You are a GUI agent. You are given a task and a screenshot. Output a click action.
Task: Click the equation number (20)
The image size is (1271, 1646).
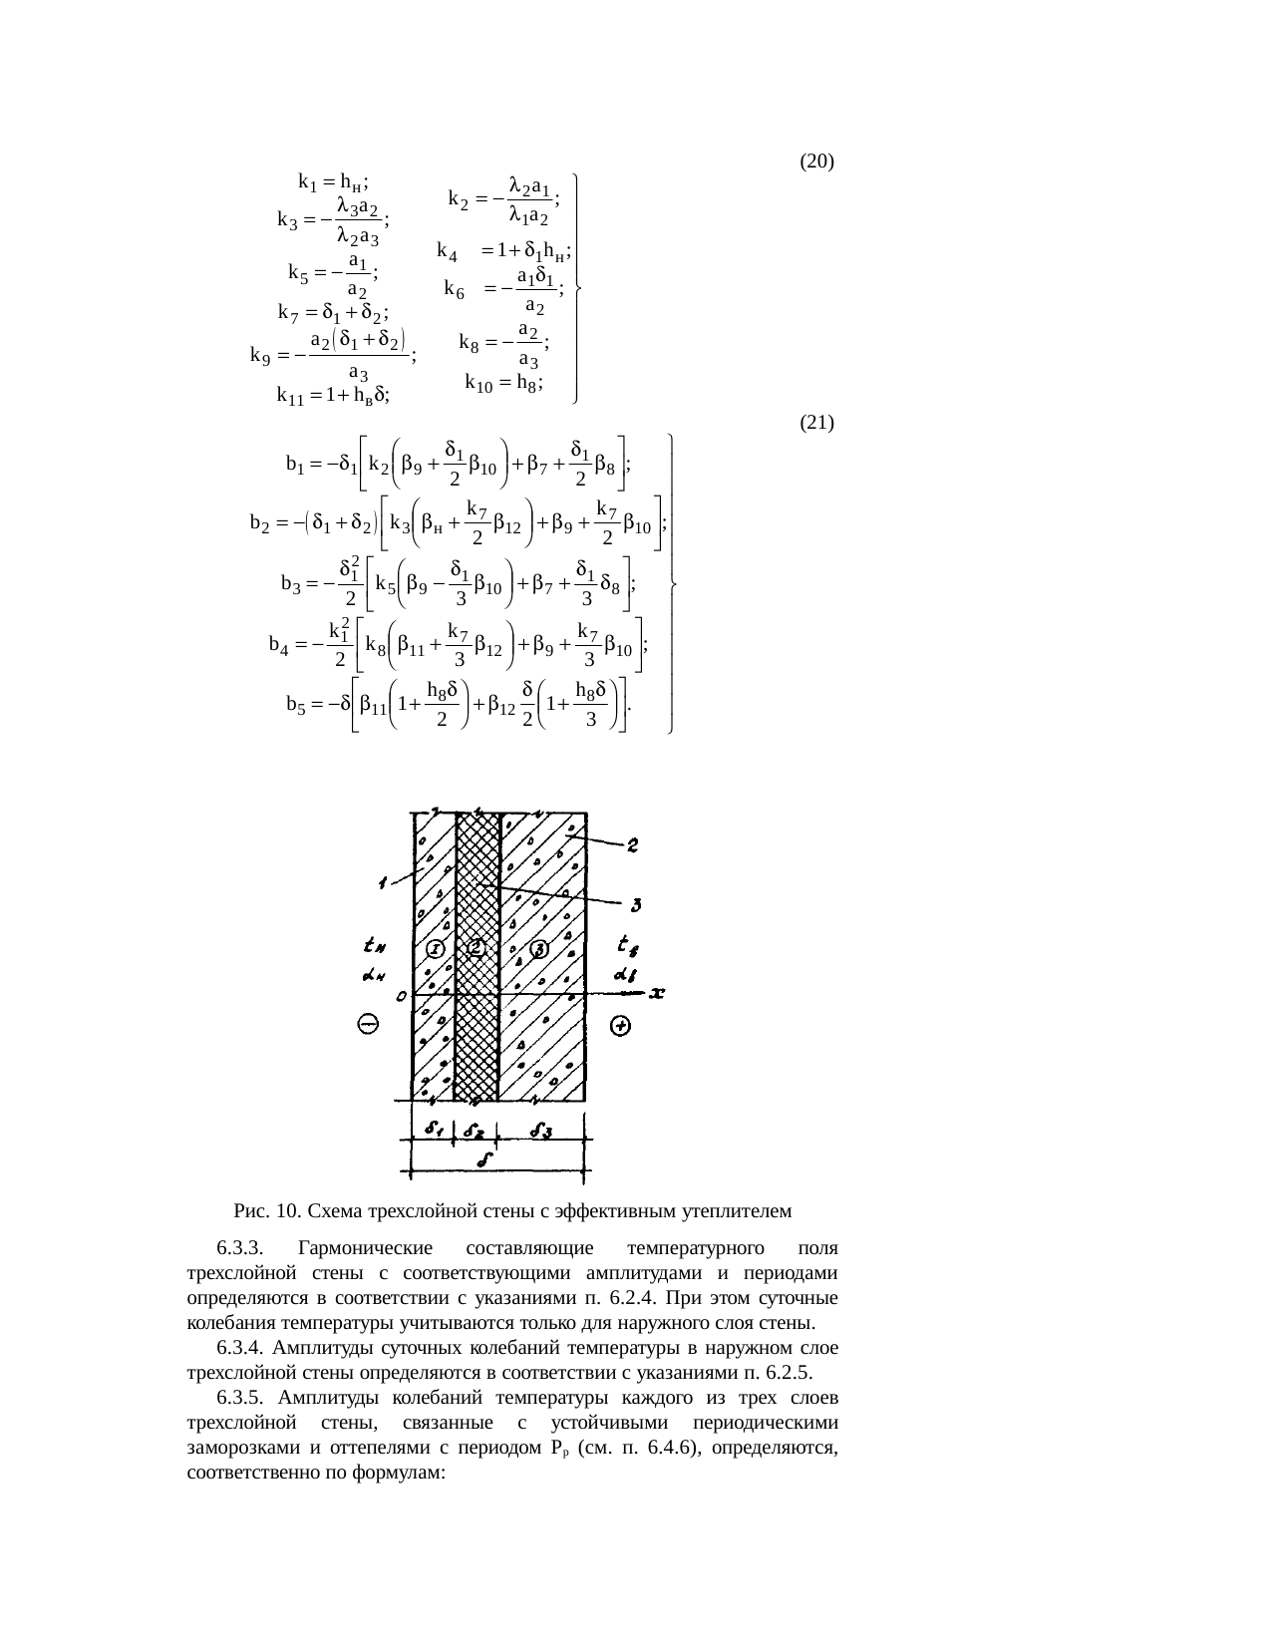pos(816,161)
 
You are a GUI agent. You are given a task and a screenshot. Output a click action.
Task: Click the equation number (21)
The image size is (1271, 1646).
pos(816,423)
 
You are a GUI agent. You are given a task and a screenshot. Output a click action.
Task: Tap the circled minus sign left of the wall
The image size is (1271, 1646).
pos(368,1025)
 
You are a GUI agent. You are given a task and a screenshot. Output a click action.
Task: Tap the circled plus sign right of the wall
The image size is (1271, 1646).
pos(620,1026)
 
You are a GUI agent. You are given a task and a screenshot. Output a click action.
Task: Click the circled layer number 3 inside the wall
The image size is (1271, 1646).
pos(538,948)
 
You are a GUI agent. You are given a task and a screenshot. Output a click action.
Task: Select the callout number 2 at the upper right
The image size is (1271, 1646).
pos(632,845)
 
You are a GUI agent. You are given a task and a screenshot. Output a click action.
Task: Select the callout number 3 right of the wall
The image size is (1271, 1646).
pos(632,904)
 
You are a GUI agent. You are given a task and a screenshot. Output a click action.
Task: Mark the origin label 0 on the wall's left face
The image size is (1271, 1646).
pos(401,996)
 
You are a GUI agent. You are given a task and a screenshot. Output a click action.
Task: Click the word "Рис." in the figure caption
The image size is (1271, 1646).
pos(249,1211)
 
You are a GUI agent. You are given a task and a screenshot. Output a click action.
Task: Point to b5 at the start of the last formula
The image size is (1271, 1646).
pos(296,706)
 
